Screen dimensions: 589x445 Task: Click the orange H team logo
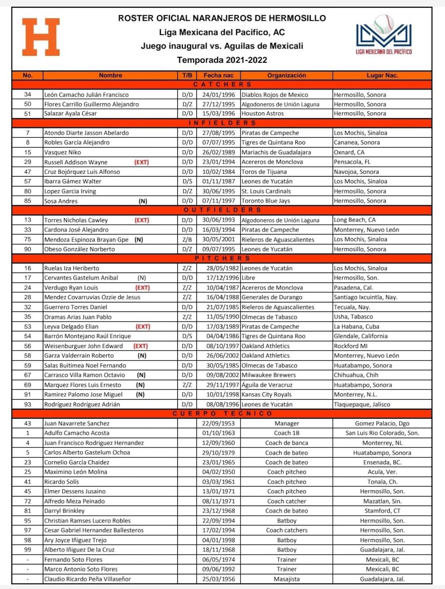(41, 37)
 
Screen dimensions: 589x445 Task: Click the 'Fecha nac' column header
(218, 75)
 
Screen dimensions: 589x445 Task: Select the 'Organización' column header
(287, 75)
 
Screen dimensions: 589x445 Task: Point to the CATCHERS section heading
(222, 85)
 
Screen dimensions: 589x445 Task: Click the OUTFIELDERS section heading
(222, 210)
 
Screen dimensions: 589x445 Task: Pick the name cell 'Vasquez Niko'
(63, 152)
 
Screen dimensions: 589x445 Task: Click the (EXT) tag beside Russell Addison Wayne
(142, 162)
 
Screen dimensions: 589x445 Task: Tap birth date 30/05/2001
(218, 239)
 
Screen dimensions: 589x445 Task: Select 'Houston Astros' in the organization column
(263, 114)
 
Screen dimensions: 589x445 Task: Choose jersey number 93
(27, 404)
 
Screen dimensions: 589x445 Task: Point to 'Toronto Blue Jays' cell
(266, 201)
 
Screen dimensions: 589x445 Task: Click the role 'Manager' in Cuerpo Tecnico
(287, 423)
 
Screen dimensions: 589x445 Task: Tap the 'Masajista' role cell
(287, 579)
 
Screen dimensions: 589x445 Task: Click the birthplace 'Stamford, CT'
(382, 511)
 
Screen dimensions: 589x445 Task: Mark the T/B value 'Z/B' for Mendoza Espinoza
(187, 239)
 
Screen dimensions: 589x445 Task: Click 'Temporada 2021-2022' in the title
(222, 60)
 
